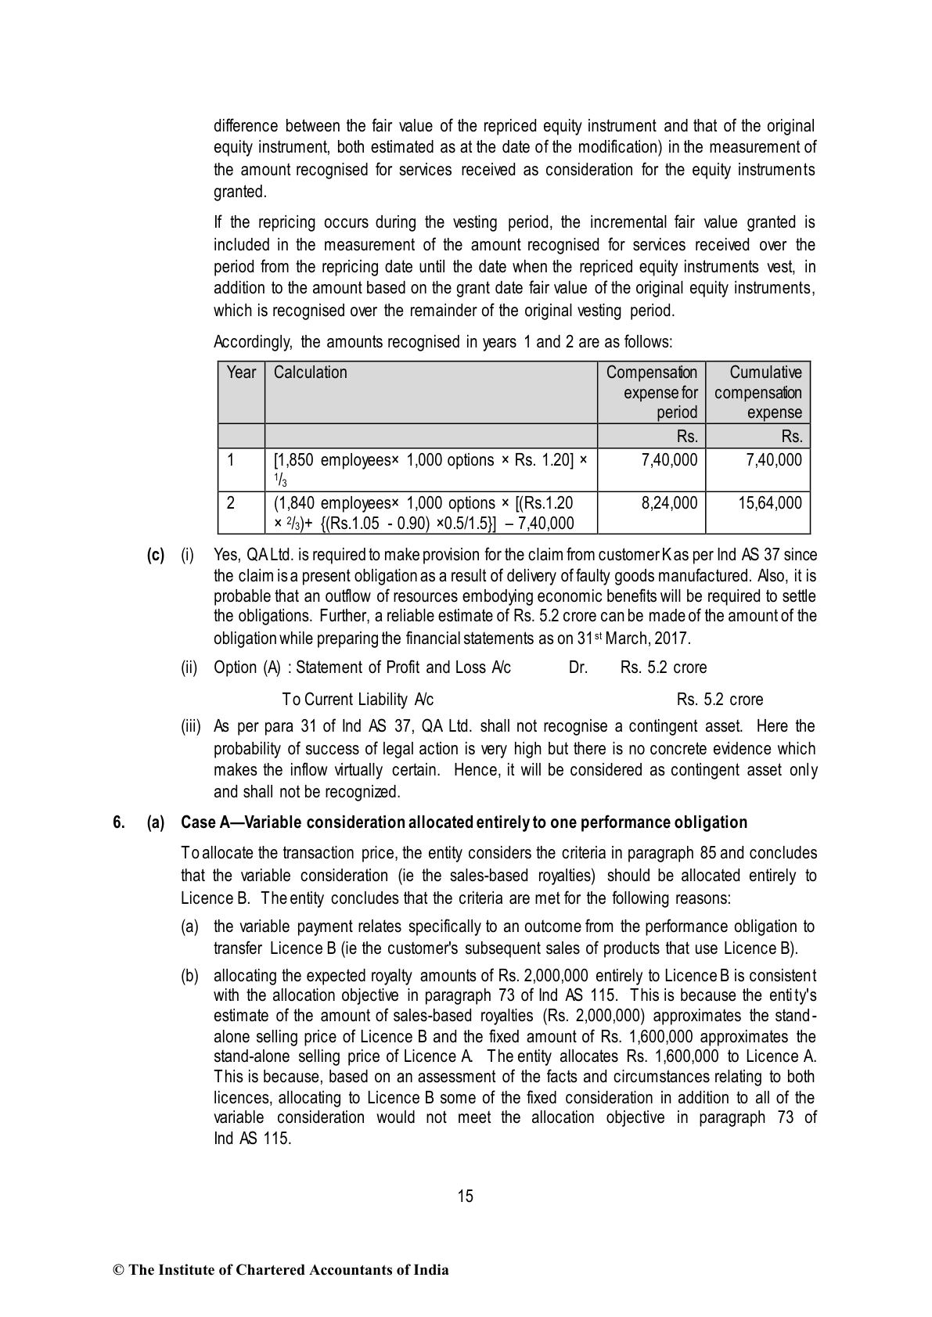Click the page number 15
466,1196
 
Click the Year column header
241,372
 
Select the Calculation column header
311,372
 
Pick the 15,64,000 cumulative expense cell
769,503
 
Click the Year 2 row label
231,503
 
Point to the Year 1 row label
231,460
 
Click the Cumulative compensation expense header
758,392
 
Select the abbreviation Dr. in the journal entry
578,667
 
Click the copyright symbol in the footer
118,1270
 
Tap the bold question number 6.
119,822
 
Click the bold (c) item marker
156,556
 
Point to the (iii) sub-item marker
191,727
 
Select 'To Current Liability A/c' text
358,700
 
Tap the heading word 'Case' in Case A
199,822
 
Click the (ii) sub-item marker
189,667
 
